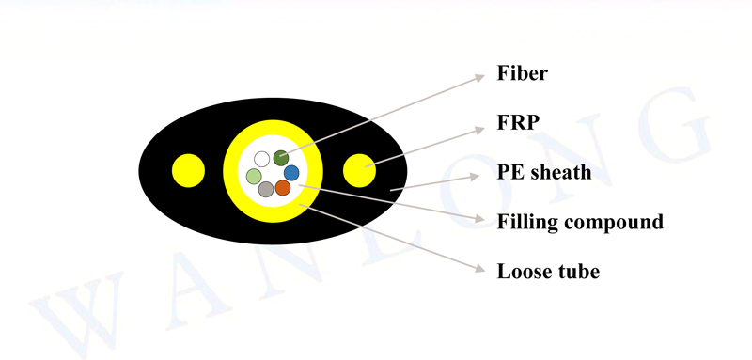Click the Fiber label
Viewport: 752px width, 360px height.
coord(522,73)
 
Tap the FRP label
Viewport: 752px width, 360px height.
coord(517,123)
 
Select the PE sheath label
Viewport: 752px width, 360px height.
coord(544,173)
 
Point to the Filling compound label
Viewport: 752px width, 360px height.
coord(580,223)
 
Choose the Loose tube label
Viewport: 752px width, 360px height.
coord(548,272)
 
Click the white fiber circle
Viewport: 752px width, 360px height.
coord(262,159)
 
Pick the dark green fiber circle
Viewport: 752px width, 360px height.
coord(280,157)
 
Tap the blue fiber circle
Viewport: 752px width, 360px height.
coord(291,173)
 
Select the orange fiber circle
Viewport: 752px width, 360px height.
coord(283,188)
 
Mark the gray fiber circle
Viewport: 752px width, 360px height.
coord(266,189)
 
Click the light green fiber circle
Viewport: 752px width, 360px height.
coord(254,176)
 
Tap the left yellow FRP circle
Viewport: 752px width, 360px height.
coord(189,170)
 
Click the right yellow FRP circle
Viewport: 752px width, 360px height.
coord(359,170)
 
